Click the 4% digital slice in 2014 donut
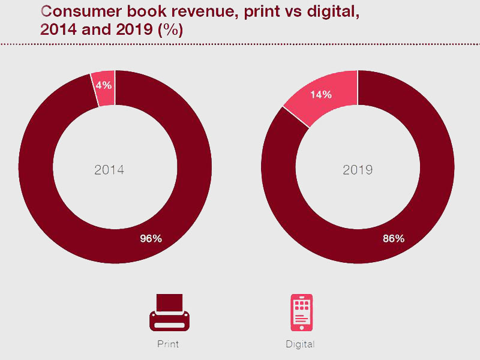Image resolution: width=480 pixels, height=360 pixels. tap(103, 89)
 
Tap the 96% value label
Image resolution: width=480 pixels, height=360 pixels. tap(151, 238)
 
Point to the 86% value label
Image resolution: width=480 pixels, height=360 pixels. tap(394, 238)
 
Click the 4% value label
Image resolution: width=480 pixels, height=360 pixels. tap(104, 85)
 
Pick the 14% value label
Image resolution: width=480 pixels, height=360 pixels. tap(321, 95)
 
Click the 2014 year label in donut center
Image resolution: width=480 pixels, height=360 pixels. tap(109, 170)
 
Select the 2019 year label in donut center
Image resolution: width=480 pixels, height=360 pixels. tap(358, 170)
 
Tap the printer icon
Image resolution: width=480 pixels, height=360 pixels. tap(169, 313)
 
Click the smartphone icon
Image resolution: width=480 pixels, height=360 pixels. tap(302, 313)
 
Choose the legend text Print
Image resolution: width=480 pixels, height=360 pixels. tap(168, 344)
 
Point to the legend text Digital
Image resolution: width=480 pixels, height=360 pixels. tap(300, 344)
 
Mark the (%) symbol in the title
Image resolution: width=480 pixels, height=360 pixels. tap(170, 30)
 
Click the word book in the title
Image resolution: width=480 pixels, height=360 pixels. tap(146, 11)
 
